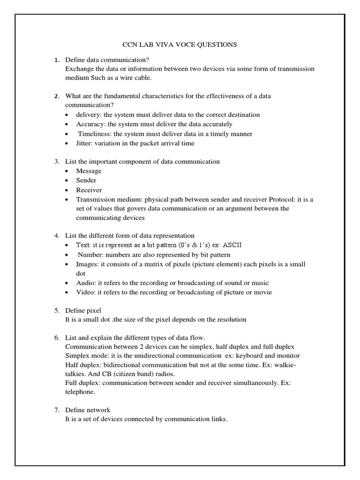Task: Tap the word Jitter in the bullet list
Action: pyautogui.click(x=84, y=143)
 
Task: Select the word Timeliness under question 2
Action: pyautogui.click(x=94, y=134)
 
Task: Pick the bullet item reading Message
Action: pyautogui.click(x=89, y=171)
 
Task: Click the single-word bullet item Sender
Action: pyautogui.click(x=86, y=180)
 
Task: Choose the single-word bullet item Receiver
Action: pyautogui.click(x=89, y=190)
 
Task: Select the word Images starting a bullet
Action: pyautogui.click(x=88, y=264)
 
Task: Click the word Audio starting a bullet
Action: pyautogui.click(x=86, y=283)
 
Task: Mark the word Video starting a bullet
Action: pyautogui.click(x=86, y=292)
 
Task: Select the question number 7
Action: pyautogui.click(x=57, y=410)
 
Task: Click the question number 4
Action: pyautogui.click(x=57, y=236)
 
